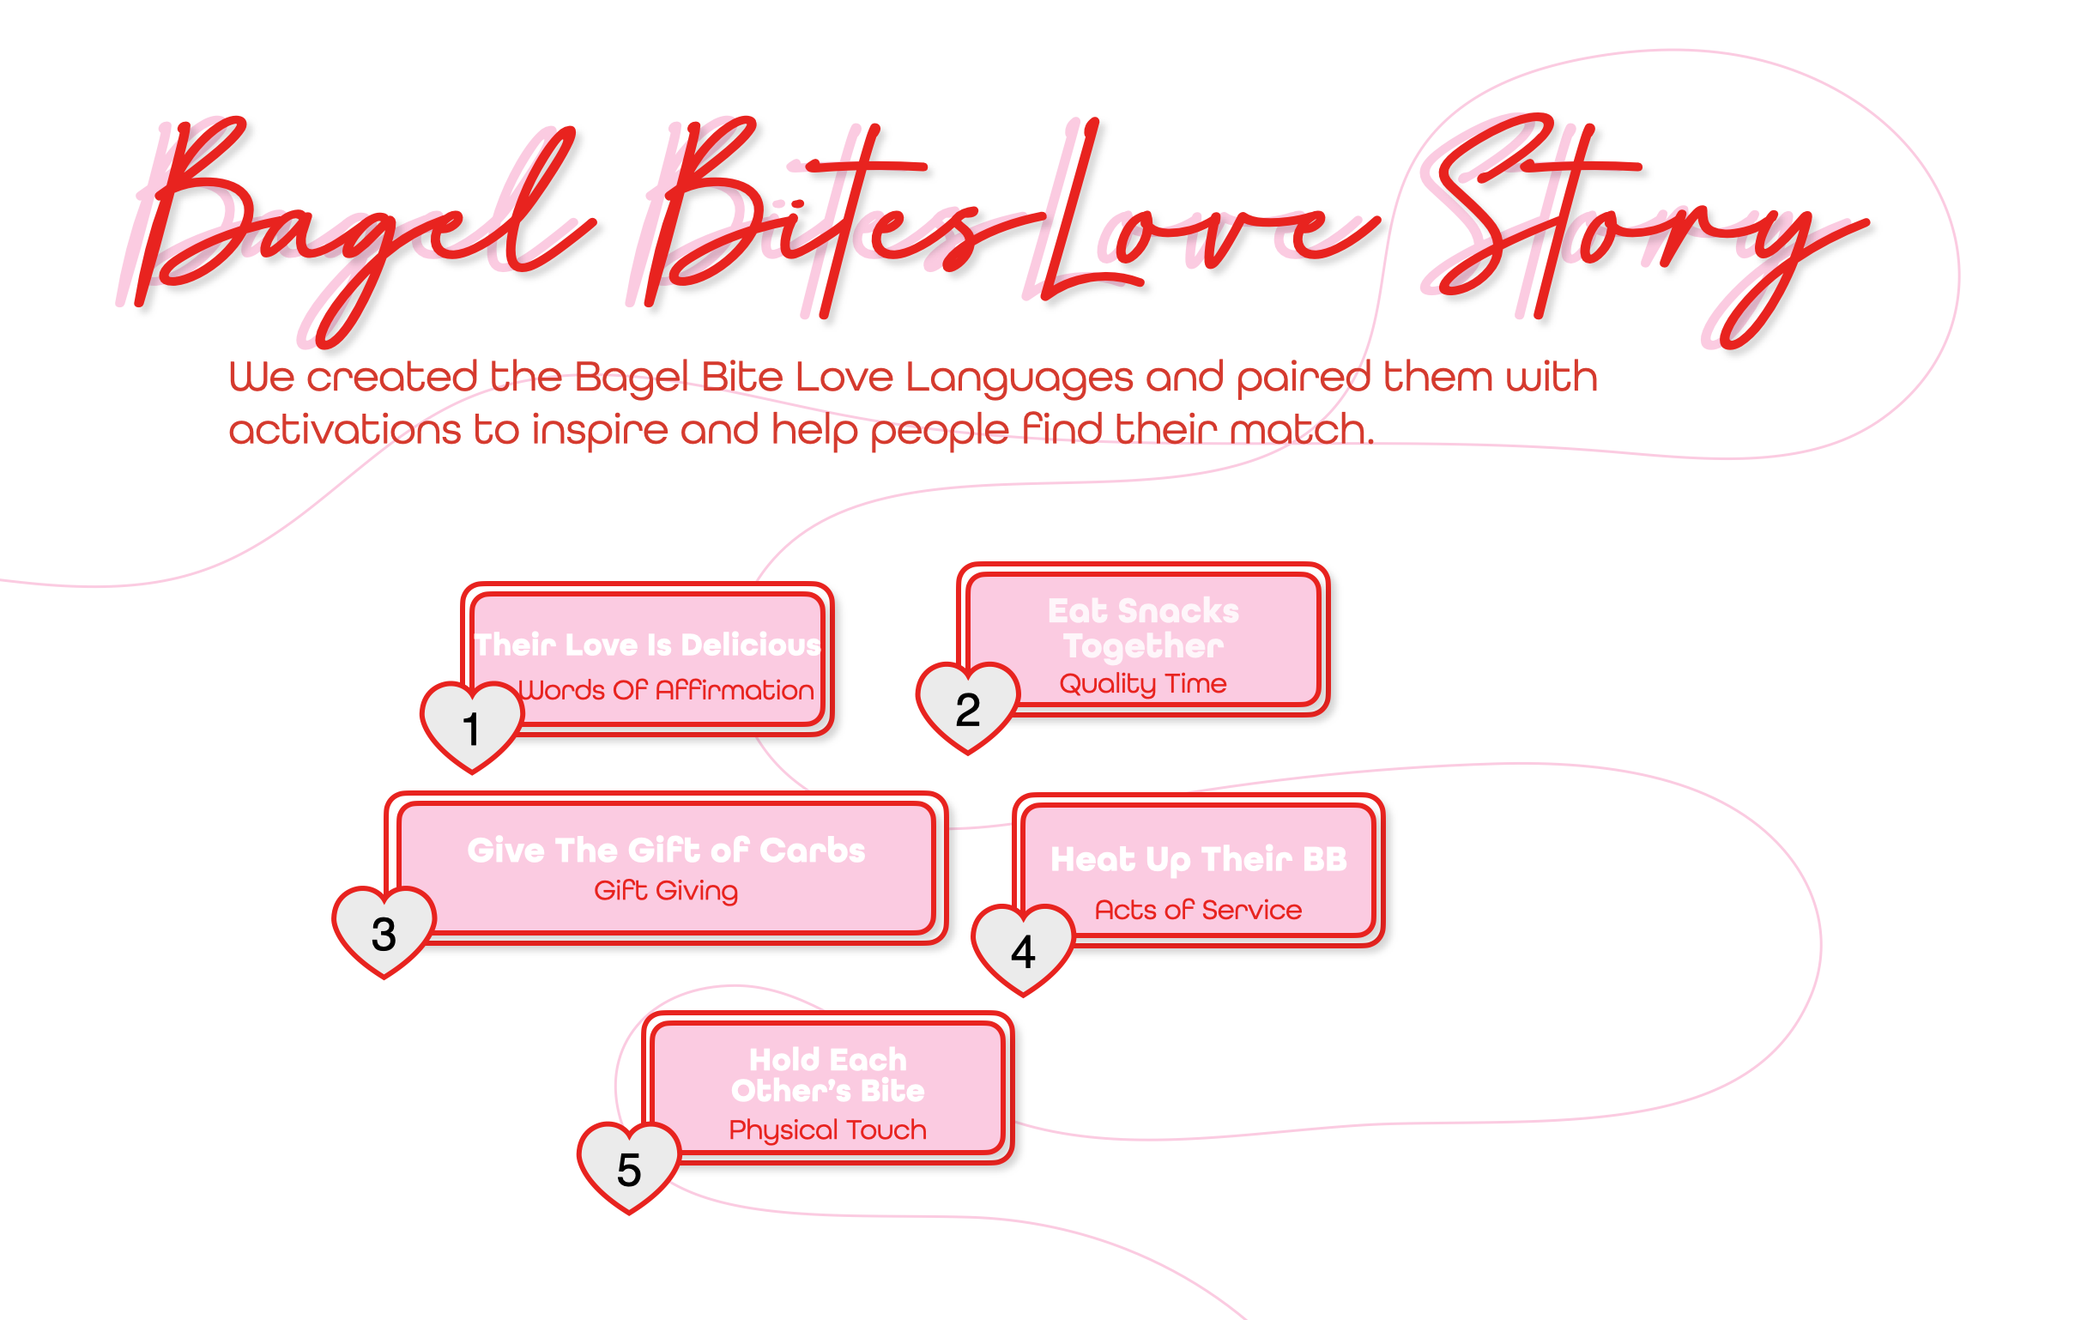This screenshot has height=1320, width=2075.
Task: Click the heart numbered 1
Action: pos(471,725)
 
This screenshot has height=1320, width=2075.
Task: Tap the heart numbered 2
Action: pos(967,706)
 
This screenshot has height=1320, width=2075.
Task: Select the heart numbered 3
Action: pos(384,931)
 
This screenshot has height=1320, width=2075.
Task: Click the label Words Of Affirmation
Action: pos(666,690)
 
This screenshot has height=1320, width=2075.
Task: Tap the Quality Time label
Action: pos(1143,683)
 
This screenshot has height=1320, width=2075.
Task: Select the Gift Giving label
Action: pos(666,890)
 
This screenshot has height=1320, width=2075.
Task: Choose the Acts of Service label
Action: pos(1198,910)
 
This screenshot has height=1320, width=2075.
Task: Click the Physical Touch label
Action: pos(827,1129)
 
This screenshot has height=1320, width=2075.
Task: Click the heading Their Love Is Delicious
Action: pos(648,645)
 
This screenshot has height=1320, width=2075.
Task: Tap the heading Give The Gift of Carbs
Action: pos(666,851)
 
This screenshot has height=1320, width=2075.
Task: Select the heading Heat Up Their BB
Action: pos(1198,859)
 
